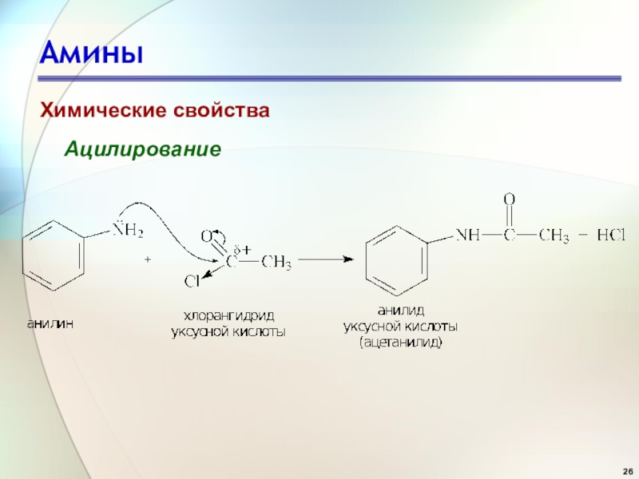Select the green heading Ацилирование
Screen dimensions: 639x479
pyautogui.click(x=143, y=148)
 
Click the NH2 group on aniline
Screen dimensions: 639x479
pyautogui.click(x=128, y=232)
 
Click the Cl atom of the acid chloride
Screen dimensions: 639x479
pyautogui.click(x=192, y=281)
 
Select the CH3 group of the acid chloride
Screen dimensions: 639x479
pyautogui.click(x=276, y=260)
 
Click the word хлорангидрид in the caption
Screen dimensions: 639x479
pyautogui.click(x=228, y=315)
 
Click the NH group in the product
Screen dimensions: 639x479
pyautogui.click(x=469, y=236)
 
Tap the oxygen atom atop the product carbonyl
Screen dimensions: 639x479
pyautogui.click(x=509, y=199)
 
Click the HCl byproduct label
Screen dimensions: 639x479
pyautogui.click(x=611, y=236)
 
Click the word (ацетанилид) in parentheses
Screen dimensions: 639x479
pyautogui.click(x=400, y=342)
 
